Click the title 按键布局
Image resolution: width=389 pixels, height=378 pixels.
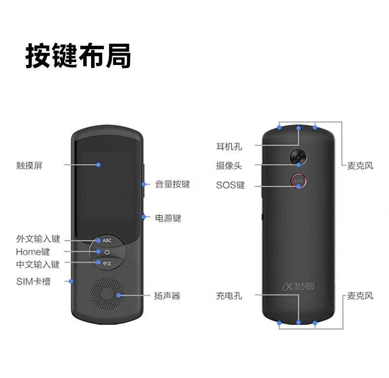coord(78,56)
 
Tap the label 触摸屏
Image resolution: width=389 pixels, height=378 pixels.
coord(30,165)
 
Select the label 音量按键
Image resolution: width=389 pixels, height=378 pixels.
coord(172,185)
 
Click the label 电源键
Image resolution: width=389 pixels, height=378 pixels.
coord(168,218)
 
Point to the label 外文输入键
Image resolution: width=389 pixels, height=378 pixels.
coord(38,239)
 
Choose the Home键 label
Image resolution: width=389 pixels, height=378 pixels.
coord(33,252)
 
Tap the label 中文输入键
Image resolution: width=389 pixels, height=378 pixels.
coord(38,265)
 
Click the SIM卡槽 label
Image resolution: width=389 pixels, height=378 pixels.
coord(33,282)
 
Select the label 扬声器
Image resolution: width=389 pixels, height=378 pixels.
coord(167,296)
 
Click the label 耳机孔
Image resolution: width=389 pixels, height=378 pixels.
coord(229,146)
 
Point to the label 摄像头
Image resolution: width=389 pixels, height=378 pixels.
coord(229,166)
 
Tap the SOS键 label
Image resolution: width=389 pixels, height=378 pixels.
coord(230,186)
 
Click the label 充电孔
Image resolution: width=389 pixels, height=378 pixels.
coord(229,296)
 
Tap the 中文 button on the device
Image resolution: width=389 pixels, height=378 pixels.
coord(107,264)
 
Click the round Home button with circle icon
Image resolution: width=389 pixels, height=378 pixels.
coord(107,252)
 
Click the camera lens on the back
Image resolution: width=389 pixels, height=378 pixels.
coord(299,157)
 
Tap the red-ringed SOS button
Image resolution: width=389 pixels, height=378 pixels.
coord(298,181)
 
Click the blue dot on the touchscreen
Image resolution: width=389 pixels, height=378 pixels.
coord(98,164)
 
